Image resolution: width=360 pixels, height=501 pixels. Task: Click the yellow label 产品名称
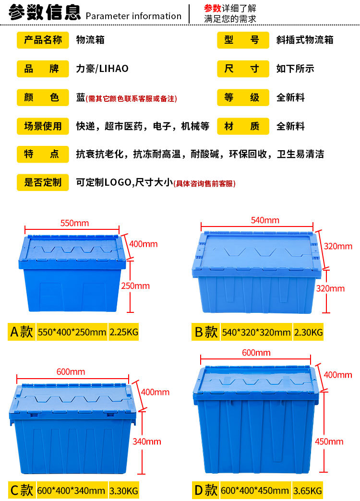43,40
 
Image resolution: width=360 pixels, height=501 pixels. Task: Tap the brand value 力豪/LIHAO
102,69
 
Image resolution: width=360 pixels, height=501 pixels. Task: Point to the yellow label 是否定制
43,182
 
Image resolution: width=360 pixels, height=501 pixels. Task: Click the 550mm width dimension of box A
74,223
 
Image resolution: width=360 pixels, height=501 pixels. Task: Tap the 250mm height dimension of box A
135,286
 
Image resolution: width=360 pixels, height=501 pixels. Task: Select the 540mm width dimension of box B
264,220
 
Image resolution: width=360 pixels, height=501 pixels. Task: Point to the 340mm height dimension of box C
147,441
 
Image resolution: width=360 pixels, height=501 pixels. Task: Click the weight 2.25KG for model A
124,332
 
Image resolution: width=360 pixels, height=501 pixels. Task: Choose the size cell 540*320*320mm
256,332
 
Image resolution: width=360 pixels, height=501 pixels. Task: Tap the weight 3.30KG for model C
124,490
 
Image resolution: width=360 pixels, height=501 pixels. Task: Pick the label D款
205,490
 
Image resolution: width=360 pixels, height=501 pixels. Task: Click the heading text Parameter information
133,16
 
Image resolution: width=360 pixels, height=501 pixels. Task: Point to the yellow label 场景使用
43,127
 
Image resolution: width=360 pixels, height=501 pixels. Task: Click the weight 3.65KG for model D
308,490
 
